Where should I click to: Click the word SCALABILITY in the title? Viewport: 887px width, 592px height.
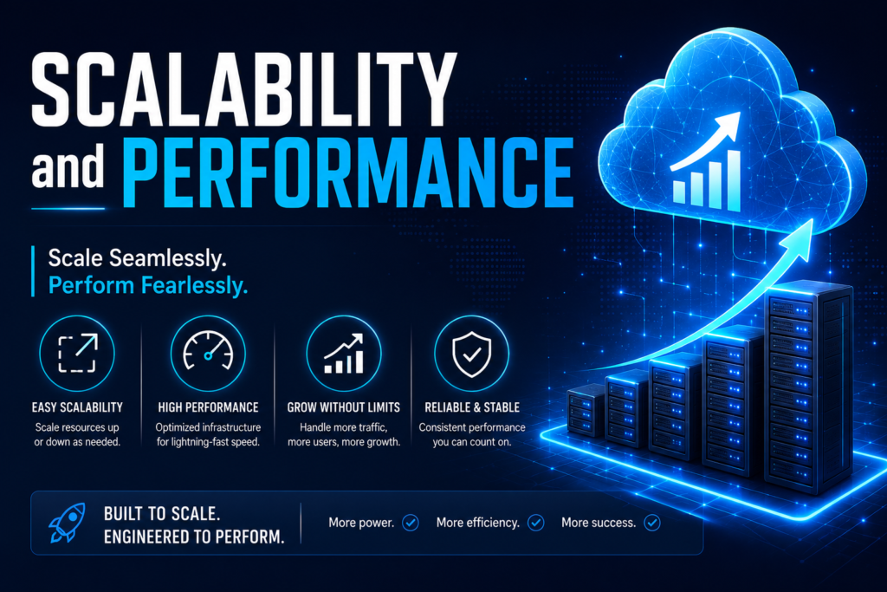[243, 89]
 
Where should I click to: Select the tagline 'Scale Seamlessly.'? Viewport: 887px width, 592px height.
[138, 258]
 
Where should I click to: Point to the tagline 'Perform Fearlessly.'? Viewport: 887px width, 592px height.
[148, 285]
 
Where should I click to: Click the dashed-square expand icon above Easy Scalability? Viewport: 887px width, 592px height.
[77, 353]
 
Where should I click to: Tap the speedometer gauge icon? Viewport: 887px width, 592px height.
[208, 351]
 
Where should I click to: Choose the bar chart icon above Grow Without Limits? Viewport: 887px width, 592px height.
[343, 354]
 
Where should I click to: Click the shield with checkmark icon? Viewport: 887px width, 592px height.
[472, 355]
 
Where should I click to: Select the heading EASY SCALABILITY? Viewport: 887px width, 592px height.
[77, 407]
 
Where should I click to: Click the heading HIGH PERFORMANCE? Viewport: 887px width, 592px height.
[208, 407]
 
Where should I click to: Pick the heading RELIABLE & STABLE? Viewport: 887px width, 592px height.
[472, 407]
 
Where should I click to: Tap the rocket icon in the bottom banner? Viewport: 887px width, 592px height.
[68, 523]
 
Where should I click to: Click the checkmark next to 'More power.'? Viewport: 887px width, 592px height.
[411, 523]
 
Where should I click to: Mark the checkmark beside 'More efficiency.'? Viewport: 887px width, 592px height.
[535, 523]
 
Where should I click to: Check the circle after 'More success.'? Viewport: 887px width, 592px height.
[652, 523]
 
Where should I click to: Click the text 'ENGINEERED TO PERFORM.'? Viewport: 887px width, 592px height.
[194, 537]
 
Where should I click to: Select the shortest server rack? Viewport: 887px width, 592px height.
[586, 410]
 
